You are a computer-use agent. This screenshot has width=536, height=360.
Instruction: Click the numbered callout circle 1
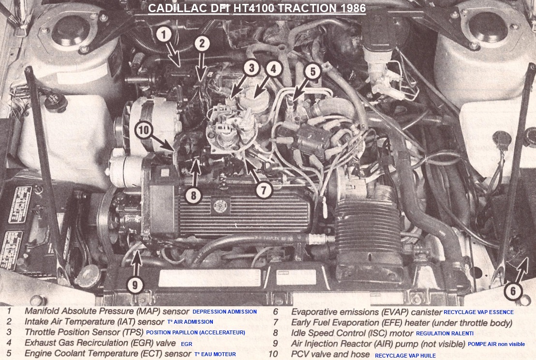(x=164, y=34)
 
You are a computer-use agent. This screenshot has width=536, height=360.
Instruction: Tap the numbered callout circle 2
(x=202, y=44)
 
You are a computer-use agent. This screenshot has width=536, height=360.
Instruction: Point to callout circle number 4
(x=273, y=69)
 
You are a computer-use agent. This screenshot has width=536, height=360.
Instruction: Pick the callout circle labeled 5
(x=313, y=72)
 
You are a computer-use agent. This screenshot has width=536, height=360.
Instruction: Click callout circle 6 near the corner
(x=513, y=291)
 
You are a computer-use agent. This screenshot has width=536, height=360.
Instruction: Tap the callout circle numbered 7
(x=264, y=190)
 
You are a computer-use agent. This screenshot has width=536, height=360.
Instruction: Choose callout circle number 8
(x=194, y=195)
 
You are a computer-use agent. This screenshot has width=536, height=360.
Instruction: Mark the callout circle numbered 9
(x=135, y=285)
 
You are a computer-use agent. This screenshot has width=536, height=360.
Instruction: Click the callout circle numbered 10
(x=144, y=130)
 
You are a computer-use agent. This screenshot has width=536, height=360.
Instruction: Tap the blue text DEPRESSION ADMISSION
(x=224, y=312)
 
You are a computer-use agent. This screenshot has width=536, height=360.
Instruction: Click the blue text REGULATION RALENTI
(x=445, y=333)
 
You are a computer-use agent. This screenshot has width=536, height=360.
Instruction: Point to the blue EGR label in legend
(x=186, y=344)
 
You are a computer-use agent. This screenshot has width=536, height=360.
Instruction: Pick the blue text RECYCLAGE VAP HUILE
(x=405, y=356)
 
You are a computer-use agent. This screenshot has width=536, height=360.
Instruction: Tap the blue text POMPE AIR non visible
(x=496, y=344)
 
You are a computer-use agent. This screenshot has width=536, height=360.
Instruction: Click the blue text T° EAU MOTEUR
(x=215, y=354)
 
